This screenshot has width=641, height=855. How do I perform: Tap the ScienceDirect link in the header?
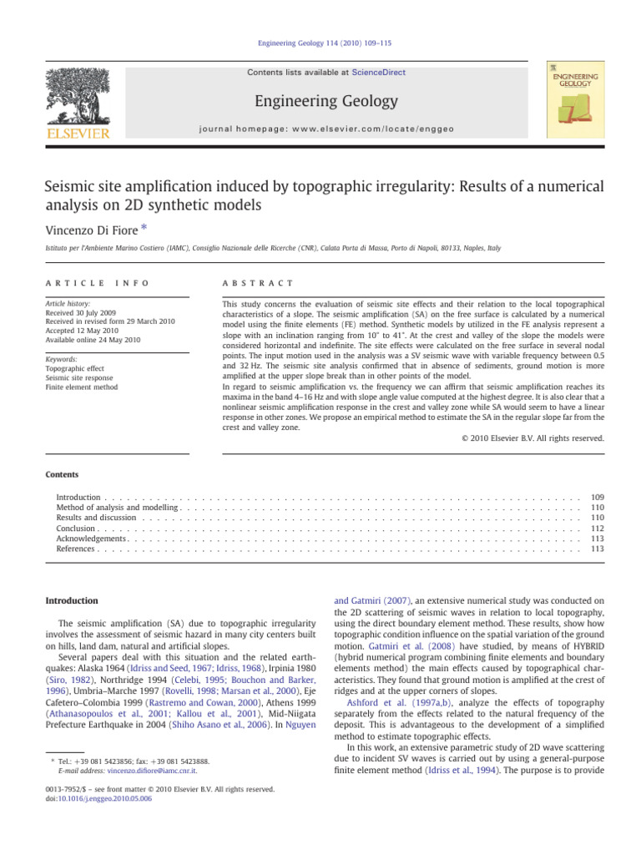coord(378,73)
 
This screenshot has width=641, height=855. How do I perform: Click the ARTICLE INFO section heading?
coord(97,283)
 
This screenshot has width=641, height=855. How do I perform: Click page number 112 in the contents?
coord(596,529)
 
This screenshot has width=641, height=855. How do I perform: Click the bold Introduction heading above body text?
coord(71,600)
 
